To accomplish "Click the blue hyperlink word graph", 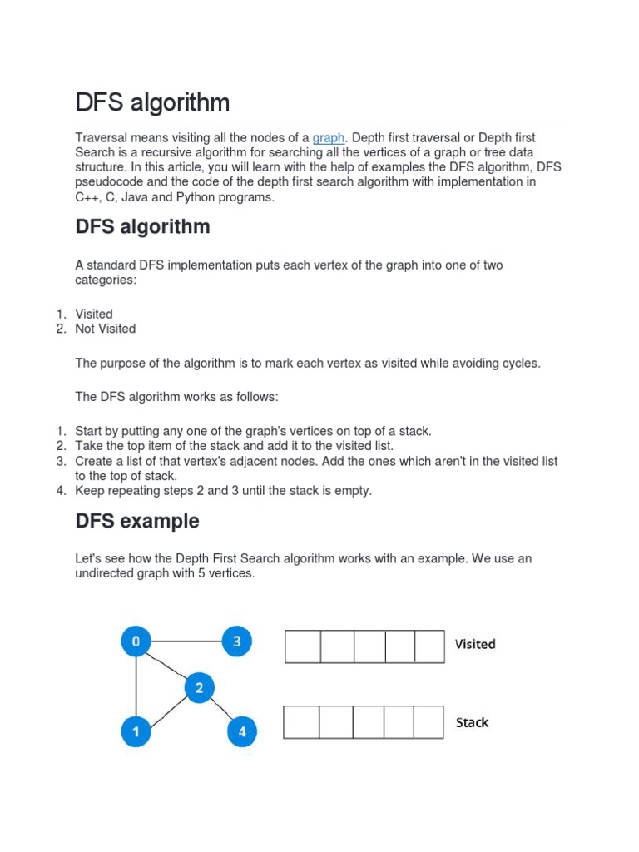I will pyautogui.click(x=329, y=137).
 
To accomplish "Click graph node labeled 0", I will pyautogui.click(x=136, y=641).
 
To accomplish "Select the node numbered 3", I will pyautogui.click(x=236, y=641).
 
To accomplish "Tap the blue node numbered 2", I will pyautogui.click(x=199, y=688).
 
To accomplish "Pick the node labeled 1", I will pyautogui.click(x=136, y=732).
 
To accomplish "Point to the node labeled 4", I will pyautogui.click(x=242, y=732).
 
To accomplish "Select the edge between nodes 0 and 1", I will pyautogui.click(x=136, y=686).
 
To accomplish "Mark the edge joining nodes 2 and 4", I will pyautogui.click(x=220, y=710).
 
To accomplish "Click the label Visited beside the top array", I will pyautogui.click(x=474, y=644).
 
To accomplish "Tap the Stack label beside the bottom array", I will pyautogui.click(x=472, y=722).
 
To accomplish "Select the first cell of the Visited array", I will pyautogui.click(x=303, y=646).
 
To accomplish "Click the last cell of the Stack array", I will pyautogui.click(x=428, y=722).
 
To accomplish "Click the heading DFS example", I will pyautogui.click(x=137, y=521).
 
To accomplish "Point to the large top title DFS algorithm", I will pyautogui.click(x=152, y=103).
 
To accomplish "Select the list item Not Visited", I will pyautogui.click(x=105, y=329).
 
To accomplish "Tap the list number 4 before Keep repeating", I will pyautogui.click(x=61, y=491).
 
